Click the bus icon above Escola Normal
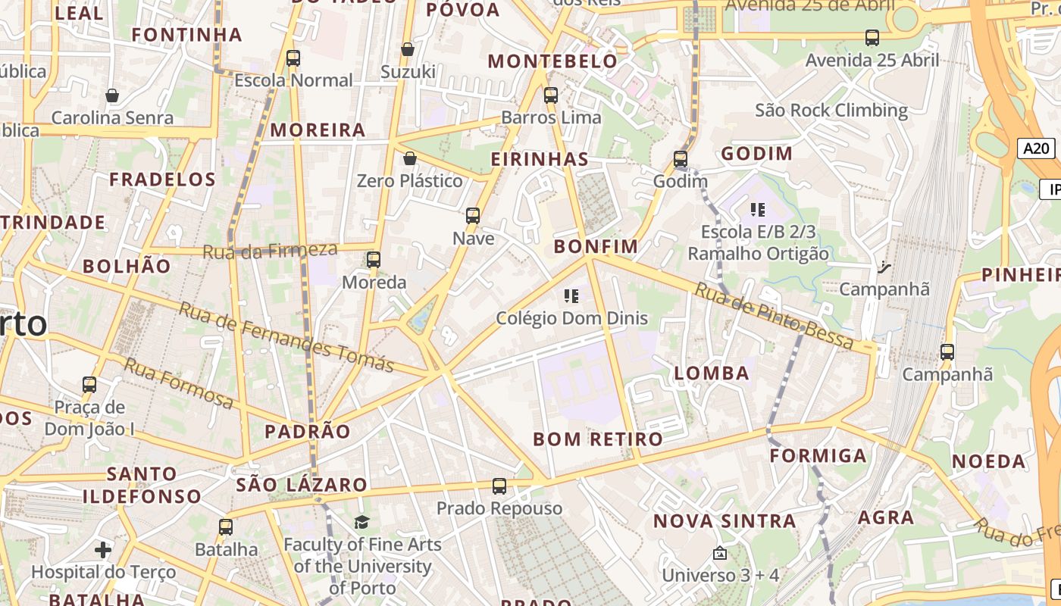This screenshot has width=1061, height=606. [x=293, y=58]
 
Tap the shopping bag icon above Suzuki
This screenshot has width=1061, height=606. [x=408, y=49]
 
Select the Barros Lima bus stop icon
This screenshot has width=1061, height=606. [x=551, y=95]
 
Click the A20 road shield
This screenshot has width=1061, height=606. [x=1036, y=148]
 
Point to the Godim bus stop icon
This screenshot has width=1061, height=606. [x=681, y=159]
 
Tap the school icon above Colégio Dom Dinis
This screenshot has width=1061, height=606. [x=571, y=295]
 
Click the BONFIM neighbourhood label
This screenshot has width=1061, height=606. [x=596, y=246]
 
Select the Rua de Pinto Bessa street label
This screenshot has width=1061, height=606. [x=774, y=316]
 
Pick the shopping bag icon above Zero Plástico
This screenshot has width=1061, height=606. [x=410, y=158]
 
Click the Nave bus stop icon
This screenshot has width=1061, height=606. [x=473, y=216]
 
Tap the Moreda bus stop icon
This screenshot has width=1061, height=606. [x=374, y=260]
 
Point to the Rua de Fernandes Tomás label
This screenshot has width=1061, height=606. [x=286, y=337]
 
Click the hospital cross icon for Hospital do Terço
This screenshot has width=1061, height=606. [x=103, y=549]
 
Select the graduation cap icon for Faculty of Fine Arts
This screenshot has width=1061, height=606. [x=362, y=522]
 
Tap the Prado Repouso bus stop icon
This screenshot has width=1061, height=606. [x=499, y=486]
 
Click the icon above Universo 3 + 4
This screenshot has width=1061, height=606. [x=720, y=554]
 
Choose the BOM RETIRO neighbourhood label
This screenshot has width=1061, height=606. [x=597, y=439]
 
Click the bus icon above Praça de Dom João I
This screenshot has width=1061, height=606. [x=89, y=385]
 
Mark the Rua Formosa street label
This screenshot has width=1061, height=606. [x=179, y=383]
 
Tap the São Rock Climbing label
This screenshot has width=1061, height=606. [x=831, y=111]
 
